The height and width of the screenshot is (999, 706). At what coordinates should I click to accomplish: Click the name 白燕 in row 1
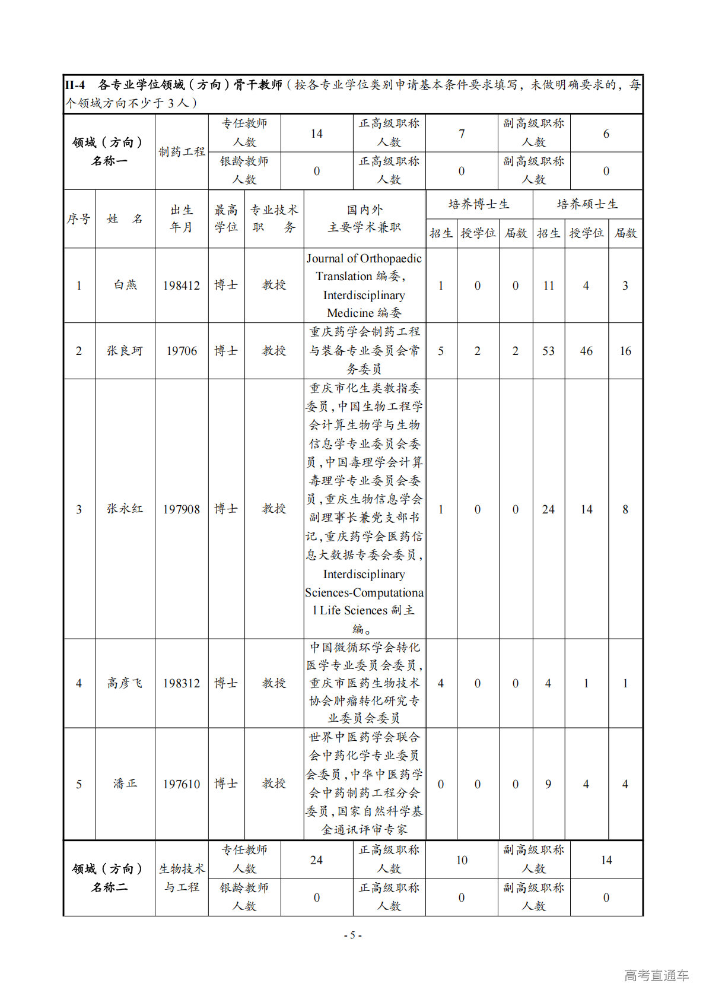point(125,285)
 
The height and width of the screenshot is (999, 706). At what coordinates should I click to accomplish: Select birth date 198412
point(182,286)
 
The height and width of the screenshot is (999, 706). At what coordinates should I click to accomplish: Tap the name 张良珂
point(125,351)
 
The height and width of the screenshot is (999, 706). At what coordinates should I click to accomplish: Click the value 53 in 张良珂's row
point(548,351)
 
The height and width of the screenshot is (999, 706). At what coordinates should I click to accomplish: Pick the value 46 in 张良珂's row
point(586,351)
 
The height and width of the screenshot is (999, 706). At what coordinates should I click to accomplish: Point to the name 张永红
point(125,509)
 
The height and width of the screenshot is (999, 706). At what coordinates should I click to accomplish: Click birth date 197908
point(182,509)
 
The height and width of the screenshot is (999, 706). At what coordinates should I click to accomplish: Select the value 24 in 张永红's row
point(548,509)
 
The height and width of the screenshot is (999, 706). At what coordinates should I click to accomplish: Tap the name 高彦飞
point(125,683)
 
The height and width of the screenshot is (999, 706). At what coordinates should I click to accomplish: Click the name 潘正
point(125,784)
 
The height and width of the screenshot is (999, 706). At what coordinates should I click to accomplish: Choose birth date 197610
point(182,784)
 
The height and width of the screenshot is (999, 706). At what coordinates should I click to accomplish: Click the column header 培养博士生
point(479,204)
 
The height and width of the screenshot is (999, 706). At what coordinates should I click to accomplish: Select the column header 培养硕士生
point(587,204)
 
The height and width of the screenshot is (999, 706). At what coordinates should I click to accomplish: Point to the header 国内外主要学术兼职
point(364,218)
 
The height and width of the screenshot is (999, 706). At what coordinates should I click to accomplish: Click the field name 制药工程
point(182,152)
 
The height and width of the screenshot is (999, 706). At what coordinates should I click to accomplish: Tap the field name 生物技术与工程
point(182,878)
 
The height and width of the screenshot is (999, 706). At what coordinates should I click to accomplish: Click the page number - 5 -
point(353,935)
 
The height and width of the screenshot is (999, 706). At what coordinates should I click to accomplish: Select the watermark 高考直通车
point(656,975)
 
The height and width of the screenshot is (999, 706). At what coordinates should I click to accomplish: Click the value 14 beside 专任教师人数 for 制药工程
point(317,134)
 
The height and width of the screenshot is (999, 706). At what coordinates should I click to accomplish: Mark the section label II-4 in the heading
point(75,85)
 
